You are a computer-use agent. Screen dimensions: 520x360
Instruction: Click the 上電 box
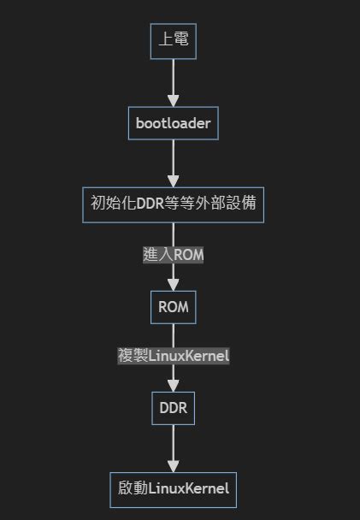pos(173,41)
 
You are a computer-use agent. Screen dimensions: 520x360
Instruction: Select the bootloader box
pos(173,123)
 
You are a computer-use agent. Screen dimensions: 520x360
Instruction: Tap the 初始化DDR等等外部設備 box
pos(173,204)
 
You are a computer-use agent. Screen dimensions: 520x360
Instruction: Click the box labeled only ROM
pos(173,306)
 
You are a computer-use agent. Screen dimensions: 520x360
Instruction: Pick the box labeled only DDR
pos(173,408)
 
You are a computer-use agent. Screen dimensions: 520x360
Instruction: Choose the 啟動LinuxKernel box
pos(173,489)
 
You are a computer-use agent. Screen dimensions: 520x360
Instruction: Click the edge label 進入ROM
pos(173,255)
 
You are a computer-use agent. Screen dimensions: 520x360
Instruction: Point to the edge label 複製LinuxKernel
pos(173,355)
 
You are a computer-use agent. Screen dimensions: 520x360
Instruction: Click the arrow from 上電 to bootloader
pos(173,82)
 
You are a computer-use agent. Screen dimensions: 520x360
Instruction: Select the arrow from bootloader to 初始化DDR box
pos(173,163)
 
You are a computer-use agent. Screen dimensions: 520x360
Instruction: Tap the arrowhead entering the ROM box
pos(173,284)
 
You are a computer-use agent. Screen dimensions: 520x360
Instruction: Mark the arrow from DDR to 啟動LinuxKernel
pos(173,448)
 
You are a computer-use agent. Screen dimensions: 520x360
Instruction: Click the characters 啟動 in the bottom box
pos(133,489)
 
